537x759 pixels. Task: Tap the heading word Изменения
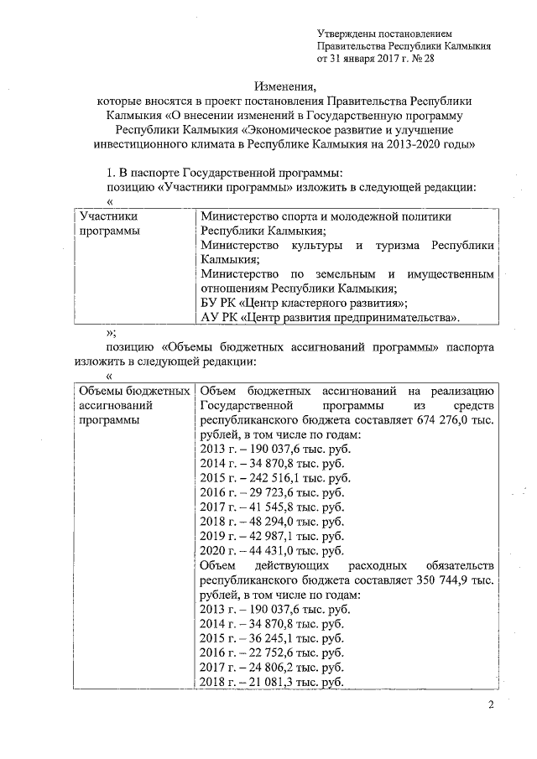(x=285, y=86)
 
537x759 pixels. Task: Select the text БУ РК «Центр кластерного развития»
(x=305, y=303)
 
